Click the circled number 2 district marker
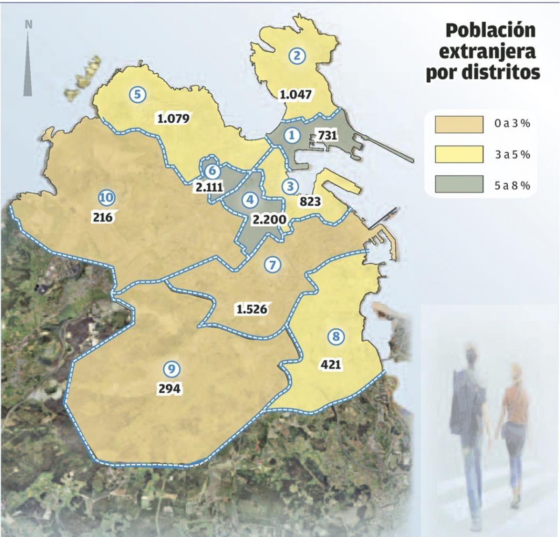(x=297, y=56)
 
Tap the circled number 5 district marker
(x=137, y=94)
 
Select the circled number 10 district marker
(x=106, y=198)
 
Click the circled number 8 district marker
(x=336, y=336)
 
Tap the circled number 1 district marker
(x=293, y=135)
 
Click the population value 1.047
(x=295, y=95)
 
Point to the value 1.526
(x=252, y=309)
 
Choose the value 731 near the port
(x=327, y=135)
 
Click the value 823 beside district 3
(x=311, y=202)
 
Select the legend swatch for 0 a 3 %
(x=459, y=125)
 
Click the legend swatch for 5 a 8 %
(x=459, y=184)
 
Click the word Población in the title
(x=490, y=31)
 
